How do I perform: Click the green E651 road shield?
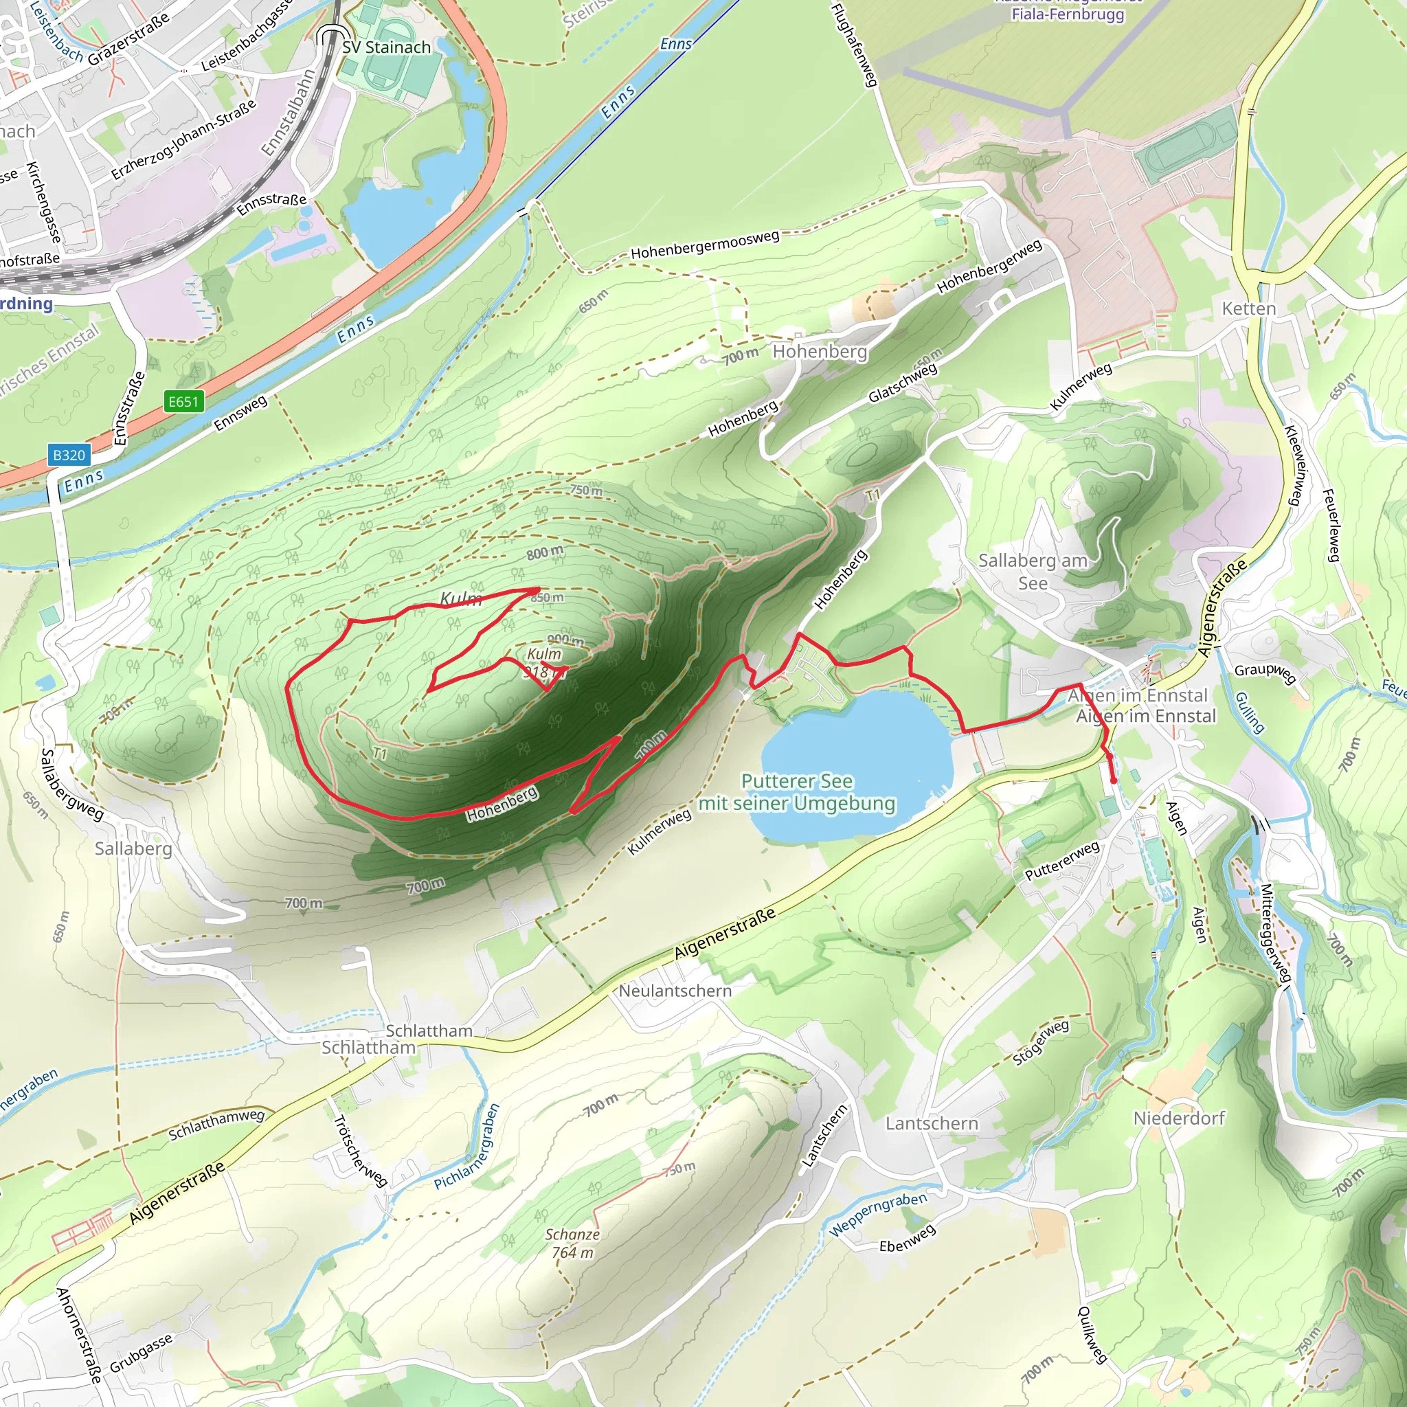tap(183, 401)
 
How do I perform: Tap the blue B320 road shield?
tap(69, 455)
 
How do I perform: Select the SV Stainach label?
tap(386, 47)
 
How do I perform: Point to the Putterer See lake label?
tap(797, 792)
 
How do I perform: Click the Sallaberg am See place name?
tap(1033, 572)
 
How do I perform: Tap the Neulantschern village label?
tap(675, 991)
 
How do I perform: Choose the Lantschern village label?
tap(932, 1123)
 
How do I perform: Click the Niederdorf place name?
tap(1179, 1118)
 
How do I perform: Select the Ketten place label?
tap(1249, 308)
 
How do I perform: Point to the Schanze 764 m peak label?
tap(572, 1243)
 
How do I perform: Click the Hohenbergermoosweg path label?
tap(705, 244)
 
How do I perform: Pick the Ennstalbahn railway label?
tap(289, 113)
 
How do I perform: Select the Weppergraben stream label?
tap(878, 1214)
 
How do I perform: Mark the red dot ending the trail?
tap(1114, 781)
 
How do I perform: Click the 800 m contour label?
tap(545, 553)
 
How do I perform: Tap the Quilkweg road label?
tap(1092, 1334)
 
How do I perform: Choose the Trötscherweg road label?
tap(360, 1151)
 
